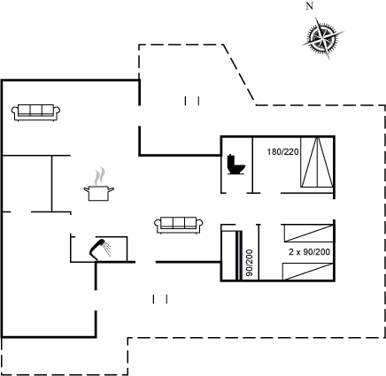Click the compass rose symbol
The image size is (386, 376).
(x=323, y=38)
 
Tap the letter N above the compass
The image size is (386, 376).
(x=309, y=6)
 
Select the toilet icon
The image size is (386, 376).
(x=236, y=164)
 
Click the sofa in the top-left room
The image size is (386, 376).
(x=36, y=112)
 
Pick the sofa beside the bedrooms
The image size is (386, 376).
(x=179, y=226)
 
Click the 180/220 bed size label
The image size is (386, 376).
(x=282, y=152)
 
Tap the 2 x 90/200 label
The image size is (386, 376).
(x=309, y=252)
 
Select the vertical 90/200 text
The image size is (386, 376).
(x=250, y=263)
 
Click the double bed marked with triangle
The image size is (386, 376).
(x=317, y=162)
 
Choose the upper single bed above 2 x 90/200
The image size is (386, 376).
(x=308, y=233)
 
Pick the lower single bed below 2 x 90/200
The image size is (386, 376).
(x=308, y=272)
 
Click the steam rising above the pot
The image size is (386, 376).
(x=100, y=176)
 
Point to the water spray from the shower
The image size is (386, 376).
(x=107, y=249)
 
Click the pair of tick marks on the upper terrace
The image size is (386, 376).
(x=192, y=101)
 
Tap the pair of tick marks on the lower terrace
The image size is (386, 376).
(x=160, y=299)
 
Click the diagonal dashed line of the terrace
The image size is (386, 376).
(x=239, y=74)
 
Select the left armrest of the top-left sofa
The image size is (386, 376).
(x=15, y=111)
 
